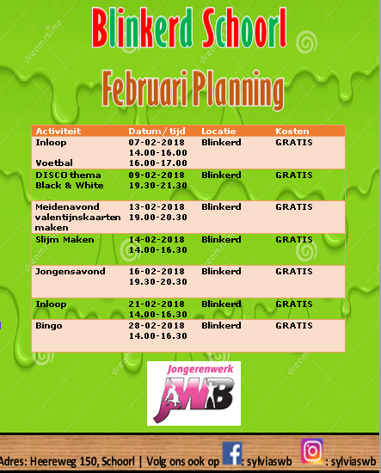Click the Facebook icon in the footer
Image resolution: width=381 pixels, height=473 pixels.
pos(232,453)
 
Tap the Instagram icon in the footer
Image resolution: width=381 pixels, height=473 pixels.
pos(312,451)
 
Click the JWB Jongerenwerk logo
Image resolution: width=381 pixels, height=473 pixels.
pos(194,393)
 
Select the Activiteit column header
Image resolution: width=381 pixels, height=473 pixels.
pos(58,132)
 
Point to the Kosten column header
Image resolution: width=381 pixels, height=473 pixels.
pos(292,132)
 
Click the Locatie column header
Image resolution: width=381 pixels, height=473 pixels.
pos(218,132)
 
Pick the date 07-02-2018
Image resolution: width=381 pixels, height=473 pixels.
pos(157,143)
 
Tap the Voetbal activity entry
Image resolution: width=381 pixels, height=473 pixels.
pos(54,163)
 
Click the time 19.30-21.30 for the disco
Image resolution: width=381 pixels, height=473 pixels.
pos(158,186)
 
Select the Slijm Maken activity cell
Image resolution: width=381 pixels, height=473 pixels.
pos(65,240)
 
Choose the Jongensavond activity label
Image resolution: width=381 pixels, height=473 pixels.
pos(71,272)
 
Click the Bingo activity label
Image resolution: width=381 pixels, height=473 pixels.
pos(49,326)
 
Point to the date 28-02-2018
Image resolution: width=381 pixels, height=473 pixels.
pos(157,326)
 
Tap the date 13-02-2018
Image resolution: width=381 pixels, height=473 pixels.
pos(157,207)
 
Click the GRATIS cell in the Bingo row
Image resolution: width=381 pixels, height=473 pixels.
pos(294,326)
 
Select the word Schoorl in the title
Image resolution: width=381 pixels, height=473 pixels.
pos(244,28)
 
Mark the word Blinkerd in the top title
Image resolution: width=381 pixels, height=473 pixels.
pos(143,28)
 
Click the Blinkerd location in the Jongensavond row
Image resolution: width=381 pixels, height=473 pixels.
pos(221,272)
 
